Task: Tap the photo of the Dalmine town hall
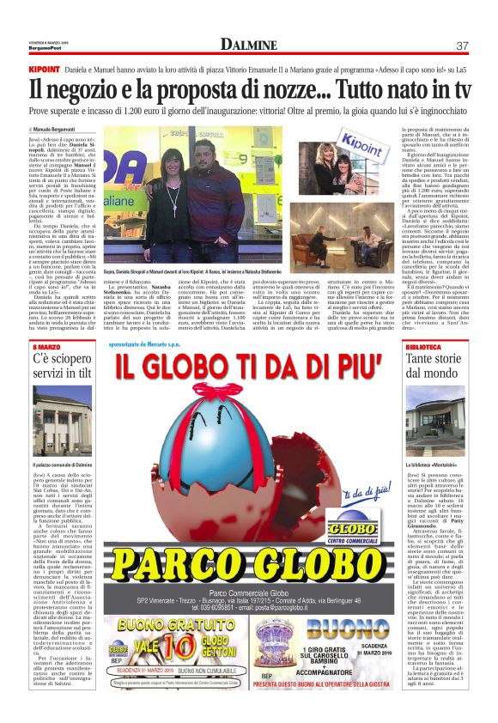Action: click(62, 416)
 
